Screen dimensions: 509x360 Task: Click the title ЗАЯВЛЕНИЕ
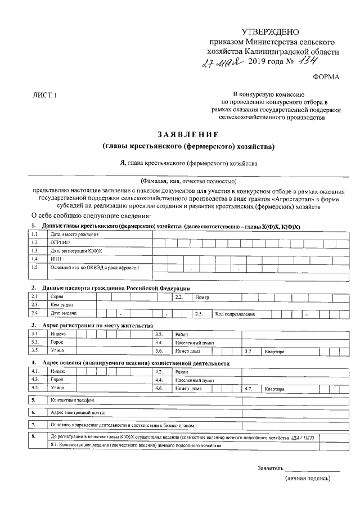[188, 134]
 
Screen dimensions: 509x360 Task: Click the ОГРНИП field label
[60, 242]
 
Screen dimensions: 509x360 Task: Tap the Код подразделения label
[236, 314]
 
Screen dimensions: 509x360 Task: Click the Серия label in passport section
[57, 296]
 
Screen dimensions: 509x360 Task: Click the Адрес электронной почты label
[78, 412]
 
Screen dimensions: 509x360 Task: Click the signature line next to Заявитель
[312, 468]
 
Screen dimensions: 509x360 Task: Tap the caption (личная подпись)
[308, 479]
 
